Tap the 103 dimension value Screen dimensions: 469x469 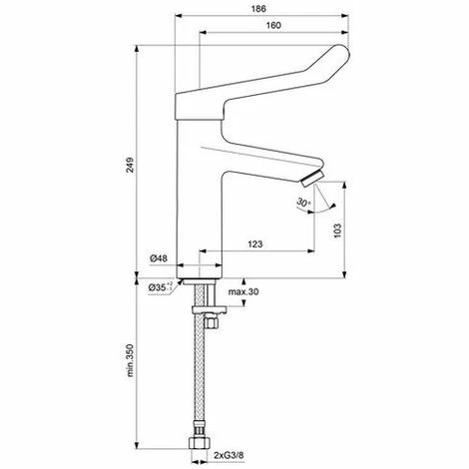pyautogui.click(x=338, y=228)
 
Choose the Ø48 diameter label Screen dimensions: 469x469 pyautogui.click(x=160, y=258)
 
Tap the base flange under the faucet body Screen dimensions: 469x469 pyautogui.click(x=204, y=269)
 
